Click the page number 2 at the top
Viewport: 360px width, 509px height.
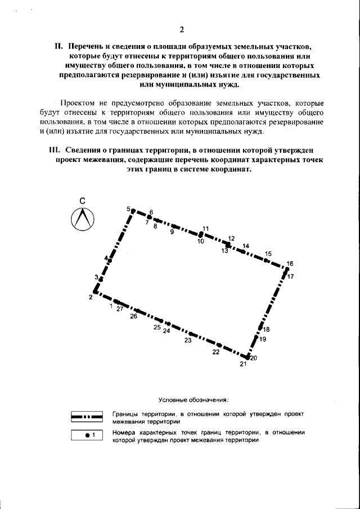181,29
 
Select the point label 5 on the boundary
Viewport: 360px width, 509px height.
128,209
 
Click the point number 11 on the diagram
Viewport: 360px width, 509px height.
205,228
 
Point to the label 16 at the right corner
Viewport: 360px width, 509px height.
290,264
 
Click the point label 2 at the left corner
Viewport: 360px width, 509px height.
90,298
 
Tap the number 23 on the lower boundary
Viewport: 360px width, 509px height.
188,340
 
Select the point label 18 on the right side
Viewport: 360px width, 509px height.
266,330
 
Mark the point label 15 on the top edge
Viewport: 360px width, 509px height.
268,254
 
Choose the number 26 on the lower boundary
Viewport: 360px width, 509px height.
133,317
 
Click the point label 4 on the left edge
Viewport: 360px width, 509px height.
105,258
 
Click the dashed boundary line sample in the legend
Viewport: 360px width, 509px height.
87,417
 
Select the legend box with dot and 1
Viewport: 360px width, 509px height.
87,435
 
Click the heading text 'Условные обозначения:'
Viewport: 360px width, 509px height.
193,400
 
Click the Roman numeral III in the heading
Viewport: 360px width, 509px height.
55,150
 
